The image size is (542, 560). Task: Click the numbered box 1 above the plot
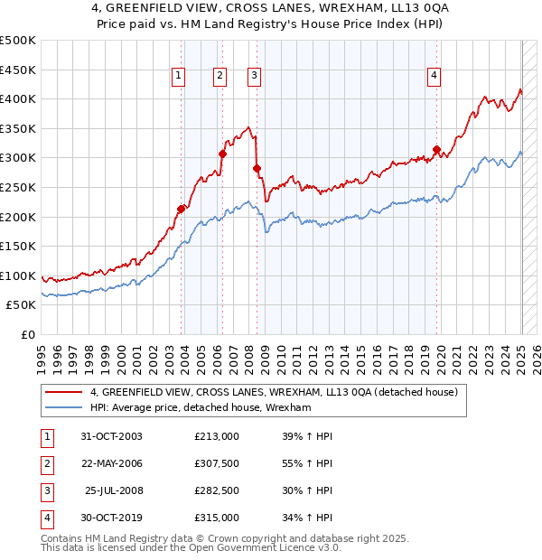coord(178,76)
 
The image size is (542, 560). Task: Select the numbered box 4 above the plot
coord(435,76)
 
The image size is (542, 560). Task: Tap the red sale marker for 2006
coord(222,154)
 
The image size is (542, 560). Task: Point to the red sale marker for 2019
coord(436,149)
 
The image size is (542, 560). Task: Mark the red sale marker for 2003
coord(182,209)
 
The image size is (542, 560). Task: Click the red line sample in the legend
coord(64,392)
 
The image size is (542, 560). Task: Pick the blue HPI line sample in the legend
coord(64,408)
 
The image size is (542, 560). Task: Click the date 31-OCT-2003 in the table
coord(111,436)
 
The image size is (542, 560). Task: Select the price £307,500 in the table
coord(217,463)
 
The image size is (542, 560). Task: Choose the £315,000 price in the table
coord(217,518)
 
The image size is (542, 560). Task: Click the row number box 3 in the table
coord(45,490)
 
